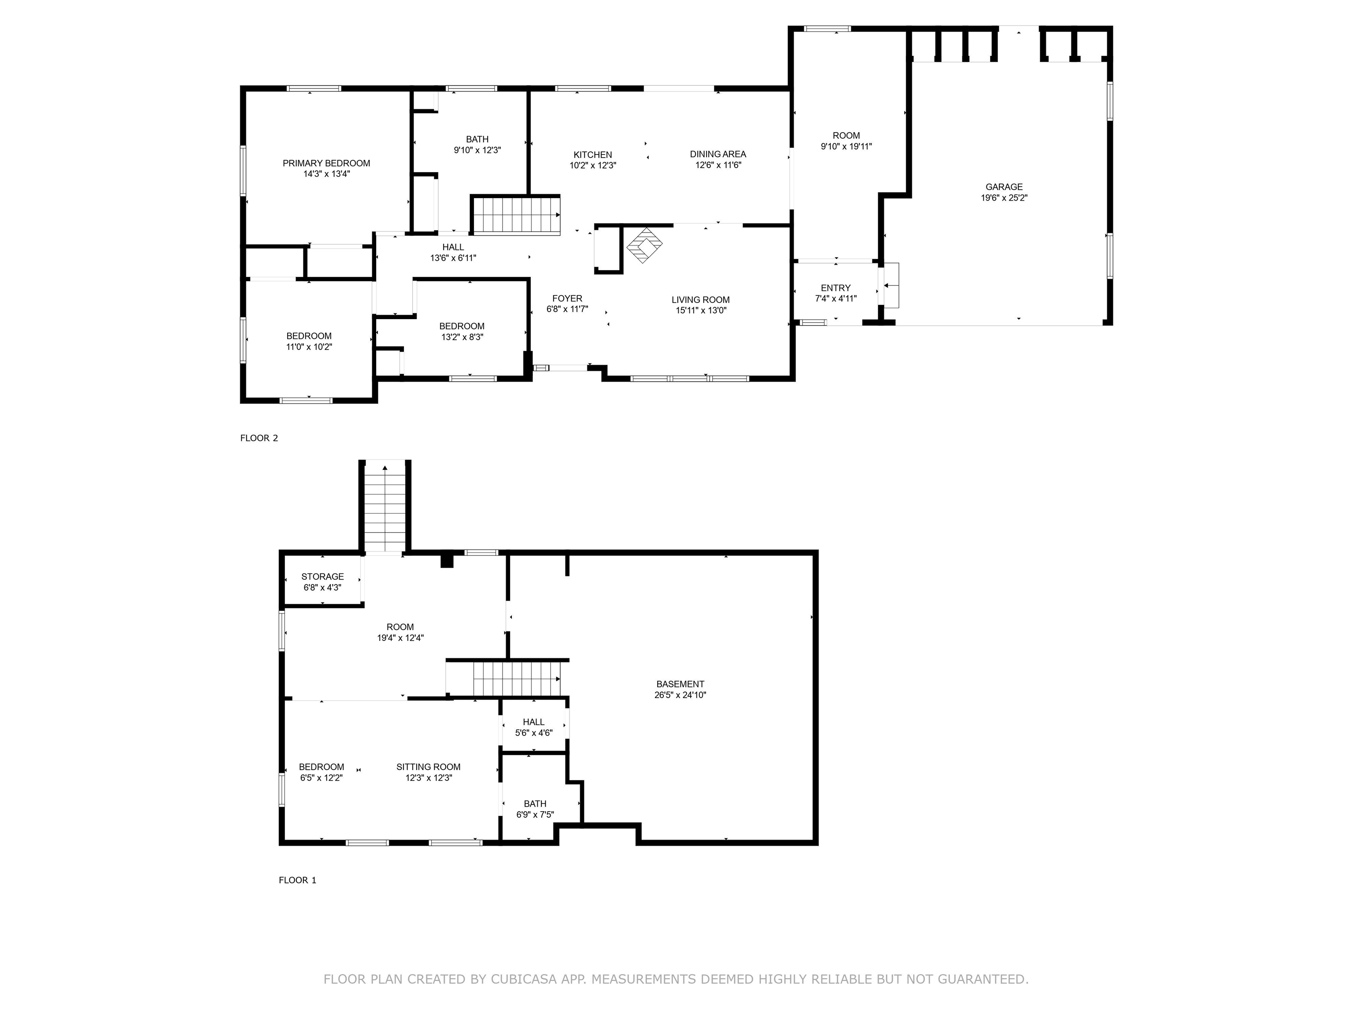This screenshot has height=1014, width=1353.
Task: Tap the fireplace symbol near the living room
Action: [644, 245]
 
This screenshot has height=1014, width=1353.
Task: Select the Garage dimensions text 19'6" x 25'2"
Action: [1004, 198]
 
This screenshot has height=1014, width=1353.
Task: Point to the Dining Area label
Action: [717, 154]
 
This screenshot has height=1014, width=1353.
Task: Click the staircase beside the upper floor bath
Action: [516, 215]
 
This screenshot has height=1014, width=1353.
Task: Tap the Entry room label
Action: [835, 288]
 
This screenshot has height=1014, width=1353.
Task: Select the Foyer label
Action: [567, 298]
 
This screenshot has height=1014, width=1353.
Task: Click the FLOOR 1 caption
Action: [297, 880]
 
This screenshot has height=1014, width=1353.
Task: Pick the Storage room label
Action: [322, 577]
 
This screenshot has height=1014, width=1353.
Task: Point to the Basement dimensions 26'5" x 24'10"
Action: [680, 695]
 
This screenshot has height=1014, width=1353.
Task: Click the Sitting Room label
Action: [428, 767]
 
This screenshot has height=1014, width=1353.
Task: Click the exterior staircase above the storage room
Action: [385, 507]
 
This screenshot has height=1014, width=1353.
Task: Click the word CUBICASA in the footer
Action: [523, 979]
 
